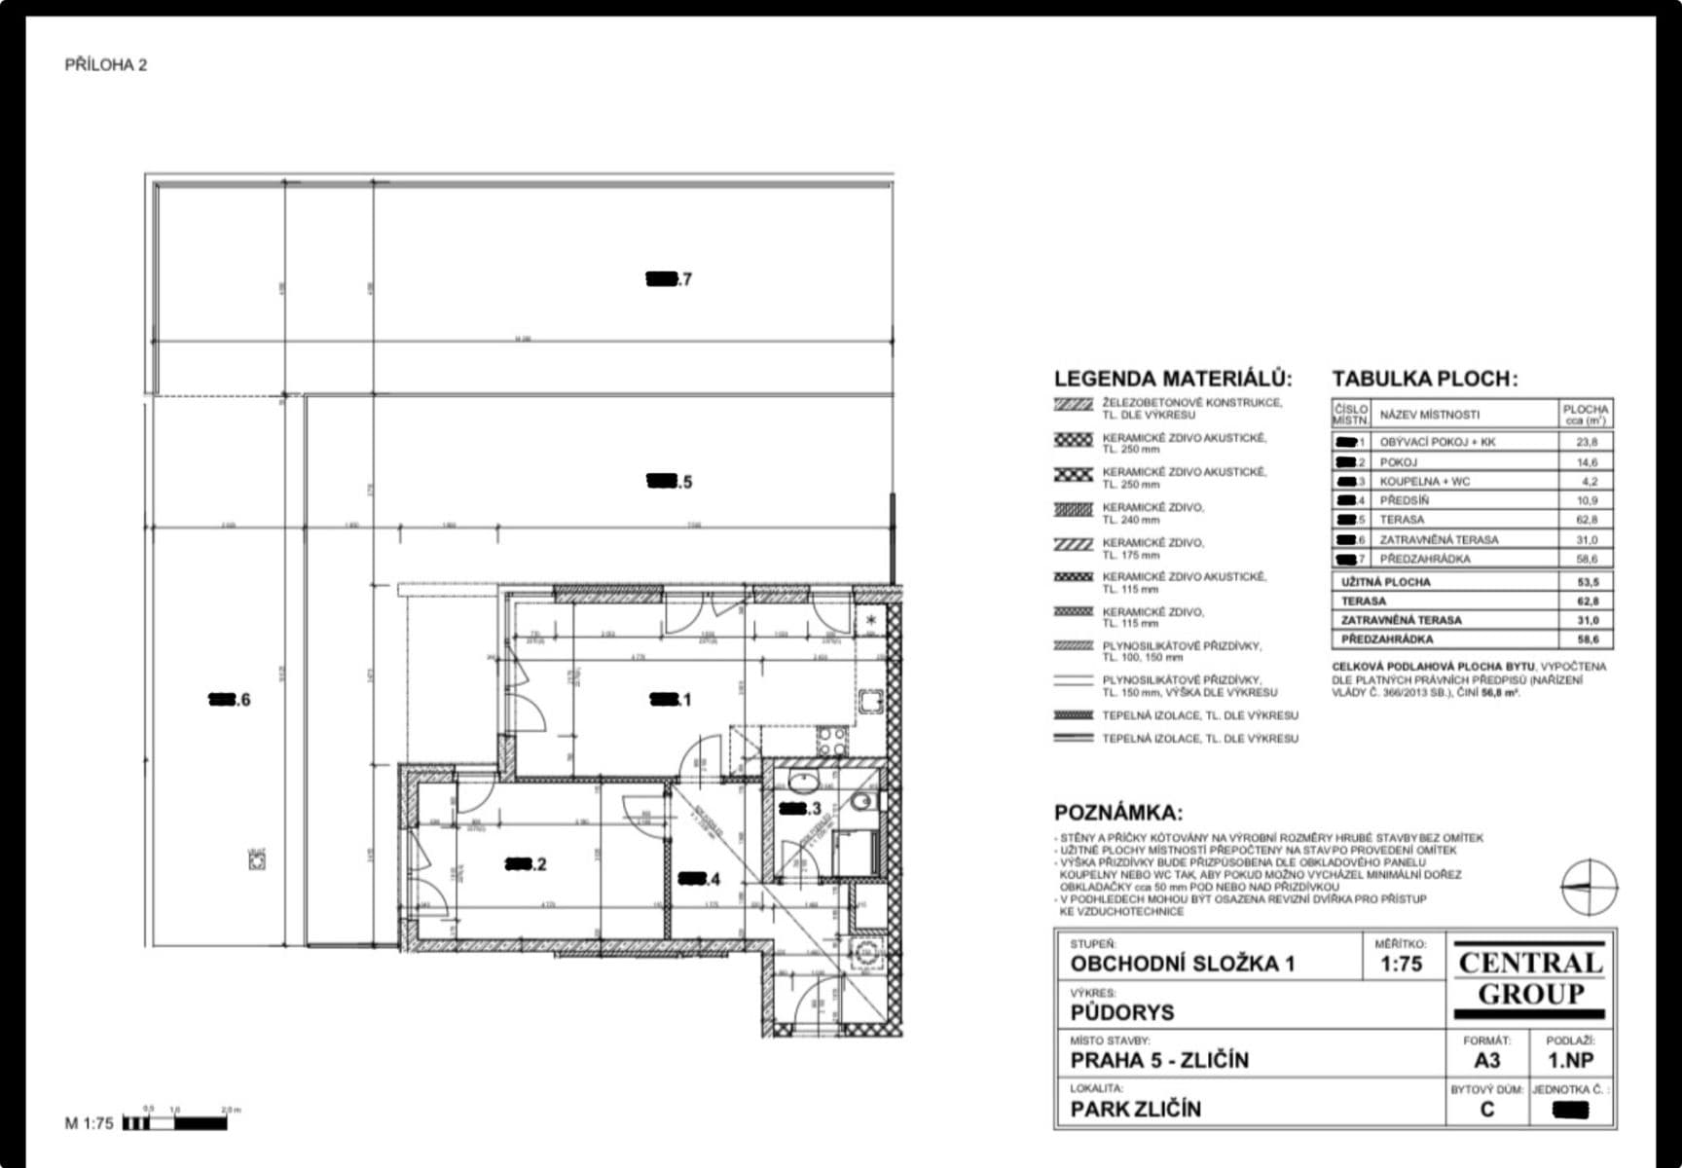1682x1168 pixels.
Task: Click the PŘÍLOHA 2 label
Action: click(x=105, y=65)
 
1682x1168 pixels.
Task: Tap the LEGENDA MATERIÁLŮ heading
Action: click(x=1173, y=379)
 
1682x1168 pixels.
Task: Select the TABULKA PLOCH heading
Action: click(x=1424, y=379)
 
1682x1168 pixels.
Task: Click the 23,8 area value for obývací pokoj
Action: click(x=1586, y=442)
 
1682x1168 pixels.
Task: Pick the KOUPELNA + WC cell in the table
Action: click(x=1424, y=481)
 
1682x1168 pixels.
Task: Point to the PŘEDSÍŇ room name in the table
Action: click(x=1404, y=500)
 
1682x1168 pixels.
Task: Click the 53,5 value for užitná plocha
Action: click(x=1587, y=582)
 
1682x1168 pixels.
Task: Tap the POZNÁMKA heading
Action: click(x=1118, y=813)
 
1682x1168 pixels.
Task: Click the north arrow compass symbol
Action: click(x=1589, y=887)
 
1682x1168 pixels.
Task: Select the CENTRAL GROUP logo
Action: click(x=1530, y=978)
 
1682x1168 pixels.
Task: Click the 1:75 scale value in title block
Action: click(x=1401, y=965)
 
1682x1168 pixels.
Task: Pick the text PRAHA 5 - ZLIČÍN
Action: click(x=1159, y=1060)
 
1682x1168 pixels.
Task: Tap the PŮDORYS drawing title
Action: click(x=1122, y=1012)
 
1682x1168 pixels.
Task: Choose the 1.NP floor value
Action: click(x=1570, y=1060)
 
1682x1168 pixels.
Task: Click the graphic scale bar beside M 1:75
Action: click(x=175, y=1123)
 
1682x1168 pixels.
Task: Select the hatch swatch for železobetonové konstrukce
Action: click(x=1074, y=404)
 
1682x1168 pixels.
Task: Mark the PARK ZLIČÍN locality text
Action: click(x=1135, y=1109)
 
